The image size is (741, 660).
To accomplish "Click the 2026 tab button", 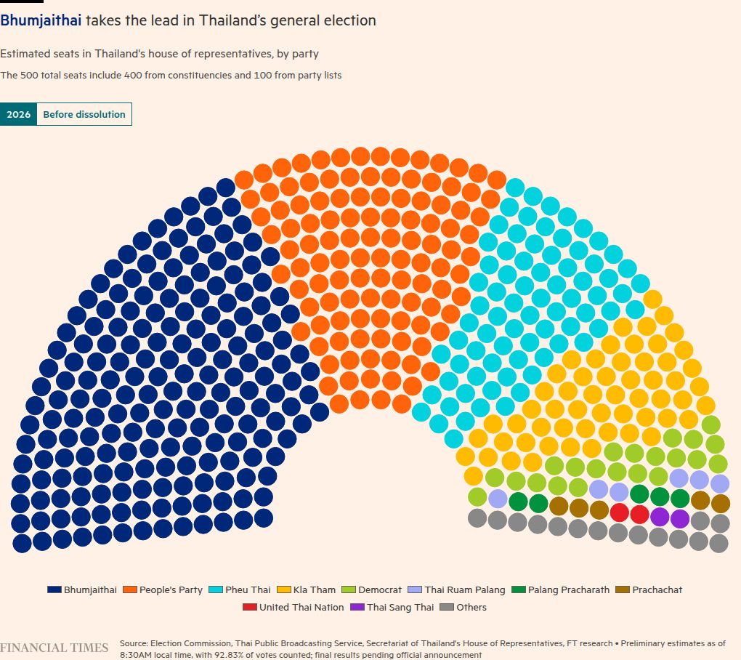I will pos(18,114).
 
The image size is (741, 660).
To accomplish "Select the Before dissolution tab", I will pos(84,114).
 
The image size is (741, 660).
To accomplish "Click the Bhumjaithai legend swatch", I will pos(54,590).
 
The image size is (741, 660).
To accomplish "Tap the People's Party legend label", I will pos(171,590).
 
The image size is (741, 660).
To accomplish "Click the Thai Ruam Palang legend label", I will pos(465,590).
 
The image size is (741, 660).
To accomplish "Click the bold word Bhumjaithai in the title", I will pos(41,20).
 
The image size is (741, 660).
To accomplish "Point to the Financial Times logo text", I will pos(54,648).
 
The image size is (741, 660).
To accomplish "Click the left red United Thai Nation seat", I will pos(619,513).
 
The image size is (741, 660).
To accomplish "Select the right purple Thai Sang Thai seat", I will pos(679,518).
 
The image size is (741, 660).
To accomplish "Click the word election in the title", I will pos(352,20).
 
